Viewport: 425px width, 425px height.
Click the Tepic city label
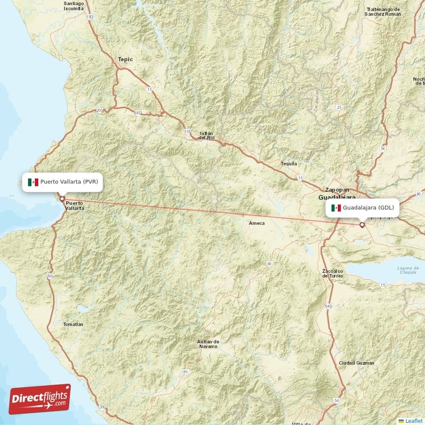125,59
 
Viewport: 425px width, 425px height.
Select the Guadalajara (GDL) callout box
363,207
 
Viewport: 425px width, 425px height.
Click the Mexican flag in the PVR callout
33,182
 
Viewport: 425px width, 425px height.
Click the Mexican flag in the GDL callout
336,208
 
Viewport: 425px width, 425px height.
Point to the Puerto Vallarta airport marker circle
62,199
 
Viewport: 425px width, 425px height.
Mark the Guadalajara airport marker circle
362,225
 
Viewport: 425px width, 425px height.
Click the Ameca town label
257,224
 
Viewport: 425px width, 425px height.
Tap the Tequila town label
289,164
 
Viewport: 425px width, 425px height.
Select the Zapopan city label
337,189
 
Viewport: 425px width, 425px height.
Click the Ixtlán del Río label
207,135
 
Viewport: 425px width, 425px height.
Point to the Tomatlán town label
73,324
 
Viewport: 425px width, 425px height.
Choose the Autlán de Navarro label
208,343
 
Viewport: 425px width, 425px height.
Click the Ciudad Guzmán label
356,363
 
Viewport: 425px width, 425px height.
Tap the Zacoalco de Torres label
333,274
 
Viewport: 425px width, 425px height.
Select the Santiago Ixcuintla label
73,6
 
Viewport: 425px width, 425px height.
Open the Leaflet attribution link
412,421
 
